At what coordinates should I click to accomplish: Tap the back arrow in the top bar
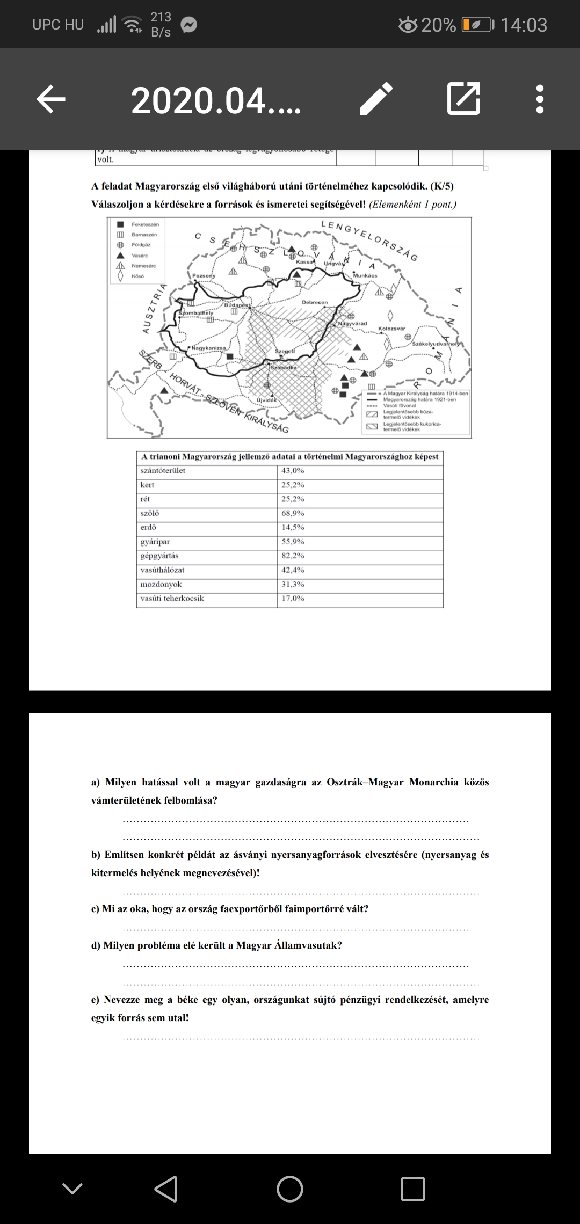coord(51,99)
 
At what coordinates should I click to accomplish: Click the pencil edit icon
coord(376,99)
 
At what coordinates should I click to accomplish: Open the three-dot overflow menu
coord(540,99)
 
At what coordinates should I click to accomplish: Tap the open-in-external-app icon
coord(463,99)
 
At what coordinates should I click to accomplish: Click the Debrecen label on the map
coord(315,302)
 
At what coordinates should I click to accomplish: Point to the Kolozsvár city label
coord(392,328)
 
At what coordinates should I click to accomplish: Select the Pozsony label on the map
coord(204,276)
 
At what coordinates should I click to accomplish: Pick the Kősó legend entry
coord(138,276)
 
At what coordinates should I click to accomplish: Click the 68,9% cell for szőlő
coord(293,513)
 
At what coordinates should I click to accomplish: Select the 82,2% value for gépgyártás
coord(293,556)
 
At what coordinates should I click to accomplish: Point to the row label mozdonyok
coord(161,584)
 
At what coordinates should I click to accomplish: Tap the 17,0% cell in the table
coord(293,598)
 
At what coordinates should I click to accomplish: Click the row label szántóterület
coord(163,471)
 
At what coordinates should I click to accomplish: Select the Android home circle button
coord(290,1189)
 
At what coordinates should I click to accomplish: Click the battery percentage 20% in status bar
coord(438,25)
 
